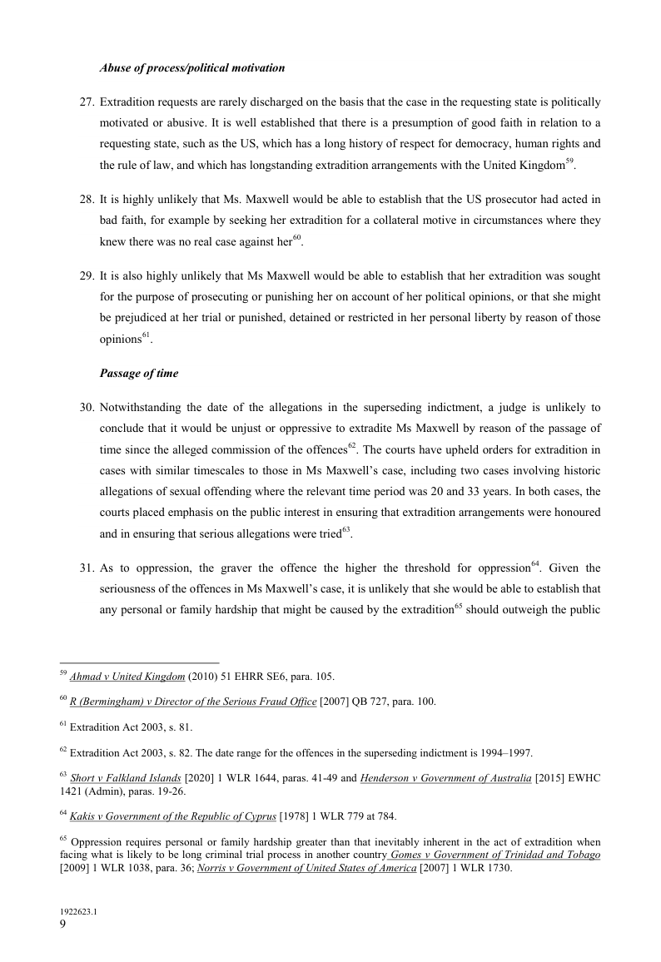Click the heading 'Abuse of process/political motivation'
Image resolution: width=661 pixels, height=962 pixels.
click(192, 67)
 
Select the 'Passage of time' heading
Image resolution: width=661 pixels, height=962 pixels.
click(138, 374)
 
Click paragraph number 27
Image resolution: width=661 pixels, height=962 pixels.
click(86, 102)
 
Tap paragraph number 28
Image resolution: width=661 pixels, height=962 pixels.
click(86, 200)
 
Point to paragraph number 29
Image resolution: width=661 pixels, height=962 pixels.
click(86, 275)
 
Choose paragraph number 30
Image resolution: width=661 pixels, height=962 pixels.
click(86, 408)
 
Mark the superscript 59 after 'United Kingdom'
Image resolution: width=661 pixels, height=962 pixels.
click(569, 161)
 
